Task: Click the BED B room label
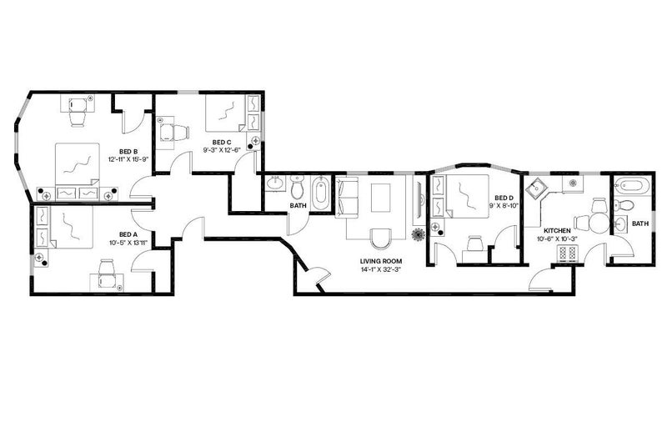pos(128,151)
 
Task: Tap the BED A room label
pos(128,234)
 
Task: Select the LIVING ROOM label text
pos(381,261)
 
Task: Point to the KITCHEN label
pos(557,231)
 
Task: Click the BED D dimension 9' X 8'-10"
pos(504,206)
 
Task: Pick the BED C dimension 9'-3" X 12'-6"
pos(222,150)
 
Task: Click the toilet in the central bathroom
pos(297,188)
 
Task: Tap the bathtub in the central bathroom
pos(320,193)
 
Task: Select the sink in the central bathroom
pos(277,183)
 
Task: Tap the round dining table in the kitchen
pos(599,223)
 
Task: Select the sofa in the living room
pos(347,198)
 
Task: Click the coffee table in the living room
pos(381,198)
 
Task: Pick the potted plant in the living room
pos(419,234)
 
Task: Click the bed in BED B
pos(78,165)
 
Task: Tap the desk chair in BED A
pos(107,274)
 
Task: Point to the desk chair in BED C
pos(175,133)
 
